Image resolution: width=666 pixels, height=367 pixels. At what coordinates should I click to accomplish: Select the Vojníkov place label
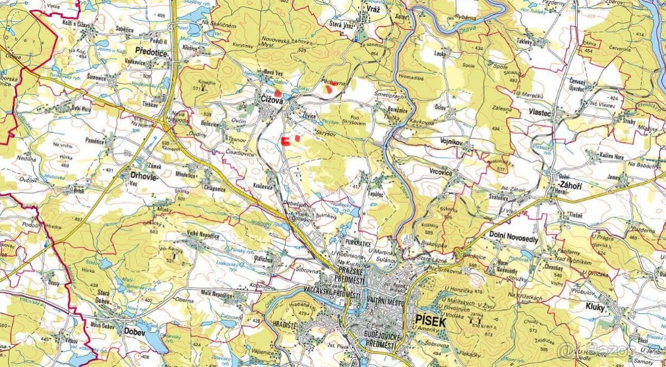[x=453, y=142]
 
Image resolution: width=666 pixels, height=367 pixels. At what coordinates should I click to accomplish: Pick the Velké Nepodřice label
[x=203, y=236]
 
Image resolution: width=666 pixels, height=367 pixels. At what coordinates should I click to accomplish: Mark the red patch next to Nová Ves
[x=277, y=93]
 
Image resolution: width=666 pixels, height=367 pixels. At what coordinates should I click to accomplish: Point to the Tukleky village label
[x=524, y=42]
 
